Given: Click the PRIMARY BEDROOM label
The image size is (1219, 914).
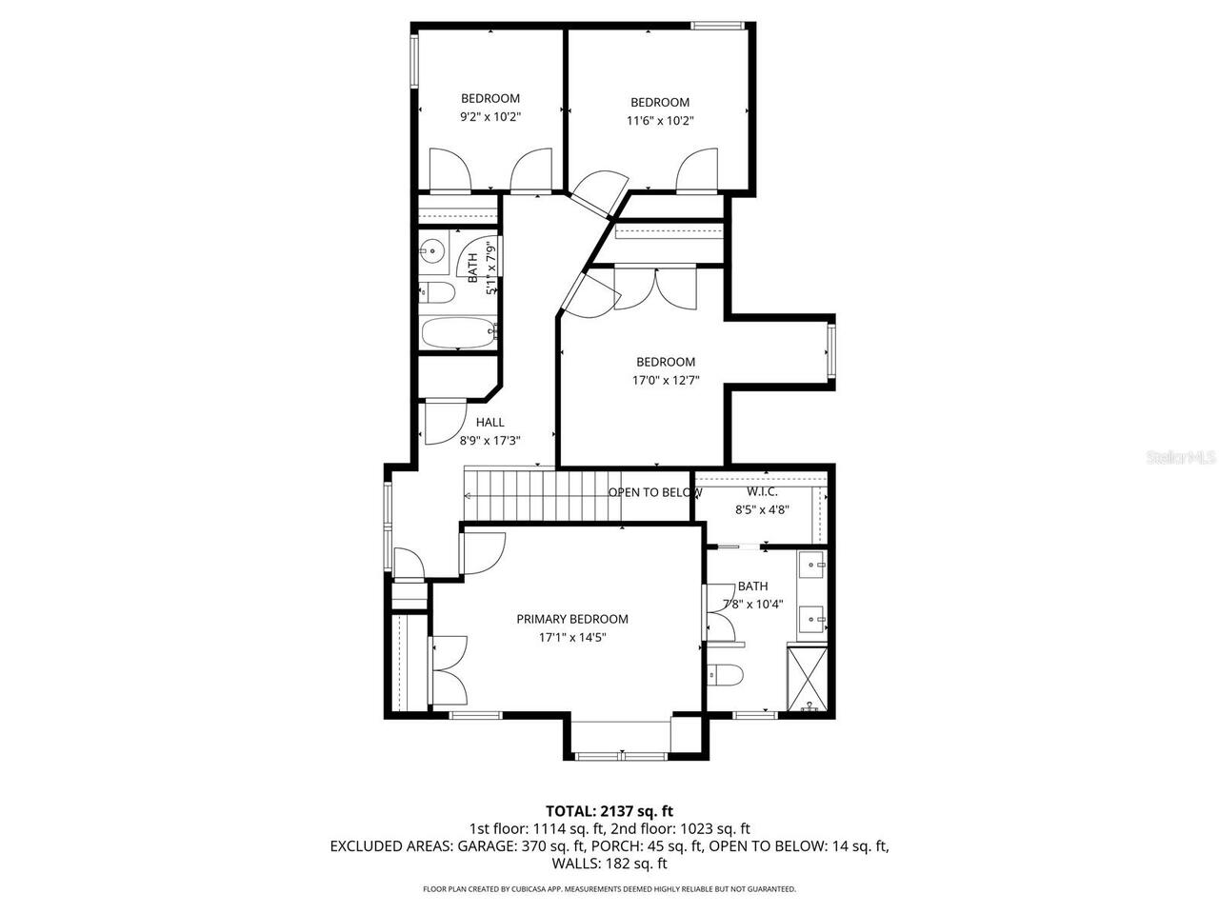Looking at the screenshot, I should click(572, 619).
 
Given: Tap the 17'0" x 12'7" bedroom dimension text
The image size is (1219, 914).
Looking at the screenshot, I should click(666, 380).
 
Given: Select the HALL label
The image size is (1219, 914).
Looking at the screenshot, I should click(490, 422).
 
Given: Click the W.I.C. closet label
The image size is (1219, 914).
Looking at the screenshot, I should click(762, 491).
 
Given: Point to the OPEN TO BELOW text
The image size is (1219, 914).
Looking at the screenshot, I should click(655, 492).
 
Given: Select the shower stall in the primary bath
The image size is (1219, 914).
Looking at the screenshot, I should click(809, 678).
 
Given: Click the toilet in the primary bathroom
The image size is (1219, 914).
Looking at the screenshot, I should click(726, 674).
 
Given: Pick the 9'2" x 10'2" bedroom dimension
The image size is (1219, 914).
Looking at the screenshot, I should click(490, 117).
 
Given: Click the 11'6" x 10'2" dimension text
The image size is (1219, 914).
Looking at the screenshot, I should click(660, 121).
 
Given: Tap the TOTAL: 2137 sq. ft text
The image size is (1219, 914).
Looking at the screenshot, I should click(609, 811).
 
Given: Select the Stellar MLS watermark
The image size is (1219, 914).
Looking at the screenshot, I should click(1181, 458).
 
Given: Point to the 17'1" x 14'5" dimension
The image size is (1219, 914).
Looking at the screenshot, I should click(572, 638).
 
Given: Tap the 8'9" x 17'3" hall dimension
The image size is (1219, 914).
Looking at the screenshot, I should click(490, 441).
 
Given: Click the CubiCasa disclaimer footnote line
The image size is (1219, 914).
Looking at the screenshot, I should click(609, 889).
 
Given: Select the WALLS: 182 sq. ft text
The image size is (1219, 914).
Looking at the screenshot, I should click(609, 864).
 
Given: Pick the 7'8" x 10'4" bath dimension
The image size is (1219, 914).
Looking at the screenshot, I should click(752, 605).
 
